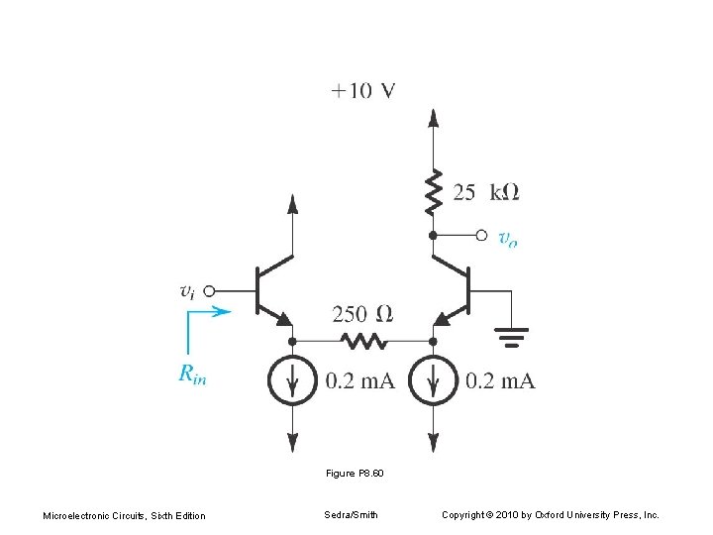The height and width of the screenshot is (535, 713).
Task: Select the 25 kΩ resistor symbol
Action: [x=433, y=193]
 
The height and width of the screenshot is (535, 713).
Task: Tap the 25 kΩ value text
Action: [x=485, y=193]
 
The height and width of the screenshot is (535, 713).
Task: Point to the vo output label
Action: [x=507, y=238]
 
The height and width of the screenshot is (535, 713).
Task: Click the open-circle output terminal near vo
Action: [x=481, y=235]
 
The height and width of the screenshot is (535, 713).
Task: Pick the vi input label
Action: [x=187, y=290]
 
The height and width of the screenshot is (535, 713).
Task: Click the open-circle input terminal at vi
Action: [x=211, y=290]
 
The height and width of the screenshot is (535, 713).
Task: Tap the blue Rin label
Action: [x=192, y=374]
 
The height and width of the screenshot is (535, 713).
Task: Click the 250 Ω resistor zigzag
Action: [x=362, y=341]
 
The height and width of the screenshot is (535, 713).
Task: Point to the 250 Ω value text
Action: [x=362, y=314]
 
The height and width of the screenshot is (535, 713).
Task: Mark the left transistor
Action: [x=269, y=289]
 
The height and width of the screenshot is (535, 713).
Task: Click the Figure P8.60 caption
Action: [x=355, y=474]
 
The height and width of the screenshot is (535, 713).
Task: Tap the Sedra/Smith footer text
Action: [x=351, y=515]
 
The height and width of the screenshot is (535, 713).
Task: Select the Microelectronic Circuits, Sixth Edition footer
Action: [x=125, y=515]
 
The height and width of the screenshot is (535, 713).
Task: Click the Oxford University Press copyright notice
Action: [x=550, y=515]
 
